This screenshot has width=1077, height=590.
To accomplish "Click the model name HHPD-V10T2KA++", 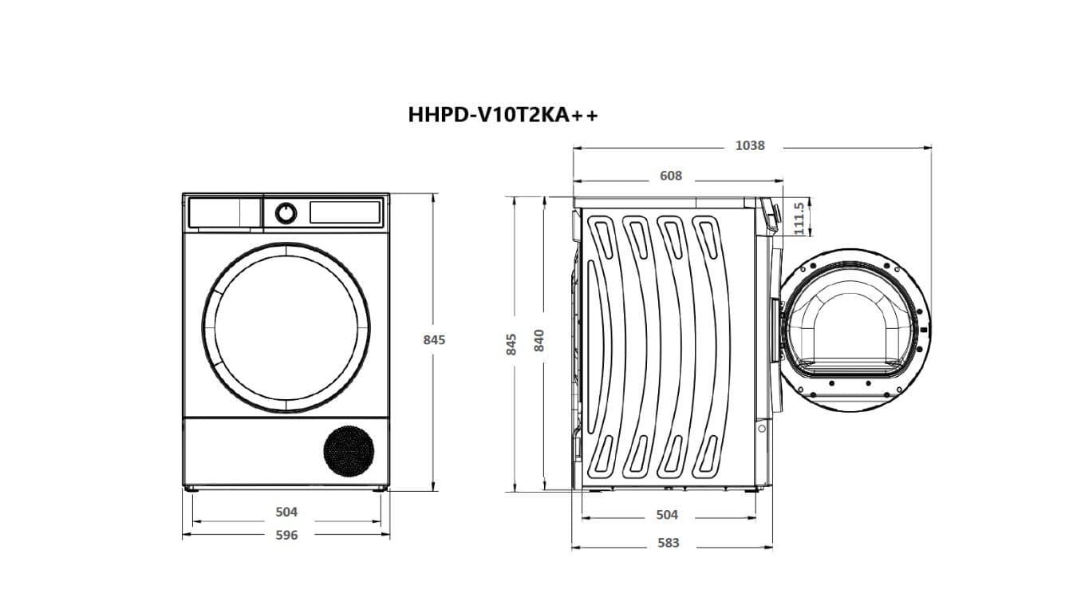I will (502, 115).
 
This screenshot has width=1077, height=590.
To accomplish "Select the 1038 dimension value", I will (750, 146).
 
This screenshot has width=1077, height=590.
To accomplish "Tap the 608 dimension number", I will (671, 176).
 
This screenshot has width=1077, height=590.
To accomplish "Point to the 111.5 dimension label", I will (799, 217).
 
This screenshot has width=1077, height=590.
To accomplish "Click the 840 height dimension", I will (540, 341).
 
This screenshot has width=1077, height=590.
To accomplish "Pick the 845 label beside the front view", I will (434, 339).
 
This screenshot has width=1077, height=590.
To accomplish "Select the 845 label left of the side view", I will (512, 343).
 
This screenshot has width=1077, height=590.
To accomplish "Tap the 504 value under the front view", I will (286, 512).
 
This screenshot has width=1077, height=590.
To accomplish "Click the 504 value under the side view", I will (667, 515).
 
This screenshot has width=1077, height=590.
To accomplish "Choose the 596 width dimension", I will (286, 535).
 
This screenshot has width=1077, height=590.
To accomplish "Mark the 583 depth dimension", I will (669, 543).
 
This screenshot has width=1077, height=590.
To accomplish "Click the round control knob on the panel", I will (286, 213).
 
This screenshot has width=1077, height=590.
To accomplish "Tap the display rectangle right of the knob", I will (345, 212).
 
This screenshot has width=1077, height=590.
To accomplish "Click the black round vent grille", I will (349, 451).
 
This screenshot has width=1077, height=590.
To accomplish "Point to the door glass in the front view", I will (286, 328).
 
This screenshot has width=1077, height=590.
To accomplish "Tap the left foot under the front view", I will (189, 489).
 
